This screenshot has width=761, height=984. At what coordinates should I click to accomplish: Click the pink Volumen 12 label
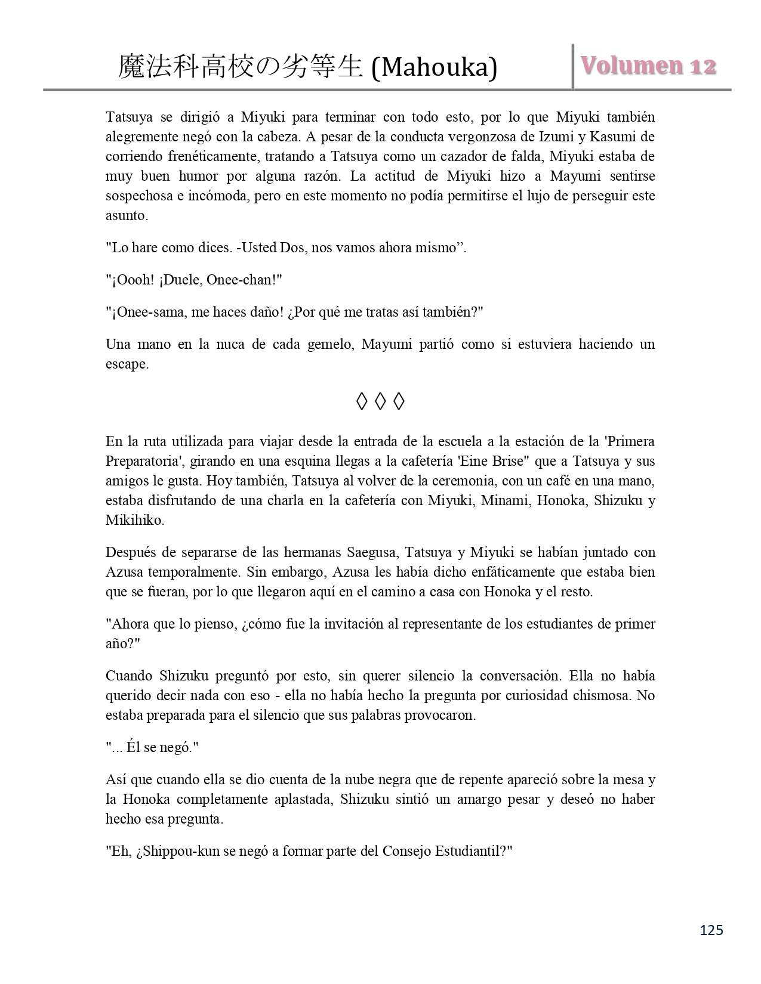pos(648,66)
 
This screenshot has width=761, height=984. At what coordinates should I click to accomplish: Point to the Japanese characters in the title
pos(241,67)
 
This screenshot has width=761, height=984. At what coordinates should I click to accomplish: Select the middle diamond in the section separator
pos(380,402)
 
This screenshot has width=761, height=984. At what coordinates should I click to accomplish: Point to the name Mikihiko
pos(134,520)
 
